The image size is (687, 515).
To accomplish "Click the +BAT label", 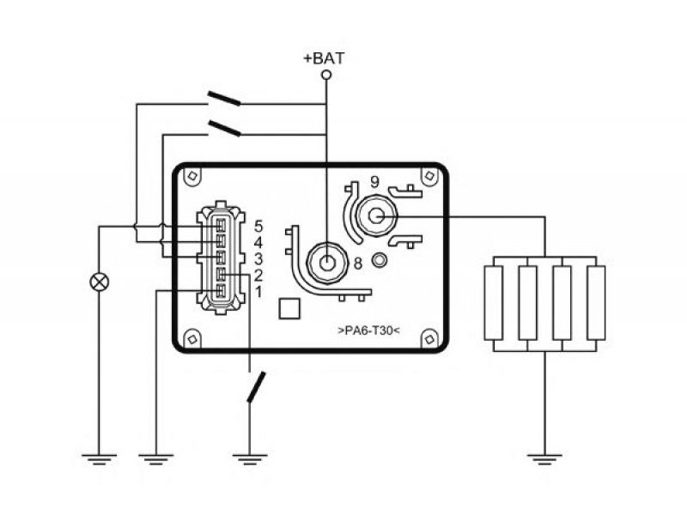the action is [x=324, y=58].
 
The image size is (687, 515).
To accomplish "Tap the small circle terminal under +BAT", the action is [x=326, y=75].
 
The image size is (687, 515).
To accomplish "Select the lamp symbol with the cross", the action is [x=100, y=282].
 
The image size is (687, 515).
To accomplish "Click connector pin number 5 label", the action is [x=258, y=227].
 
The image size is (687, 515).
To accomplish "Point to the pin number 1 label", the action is [x=258, y=292].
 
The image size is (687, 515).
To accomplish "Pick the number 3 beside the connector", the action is [x=258, y=259].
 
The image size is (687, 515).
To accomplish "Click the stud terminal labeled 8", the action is [x=326, y=264].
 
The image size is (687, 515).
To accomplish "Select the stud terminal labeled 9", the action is [x=376, y=215].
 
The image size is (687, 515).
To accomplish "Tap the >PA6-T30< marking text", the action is [x=369, y=330].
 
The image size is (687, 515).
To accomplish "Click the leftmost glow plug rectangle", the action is [x=494, y=303].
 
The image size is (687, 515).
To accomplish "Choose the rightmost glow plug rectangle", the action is [x=596, y=303].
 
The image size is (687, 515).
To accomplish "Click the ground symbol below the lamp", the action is [x=100, y=459].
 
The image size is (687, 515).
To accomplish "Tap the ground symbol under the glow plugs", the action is [x=544, y=459].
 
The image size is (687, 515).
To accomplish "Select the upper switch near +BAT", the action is [x=224, y=99].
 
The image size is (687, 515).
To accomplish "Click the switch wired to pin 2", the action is [x=256, y=387].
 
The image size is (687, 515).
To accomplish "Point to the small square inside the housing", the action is [x=289, y=308].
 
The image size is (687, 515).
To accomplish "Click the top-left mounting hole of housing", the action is [x=192, y=176].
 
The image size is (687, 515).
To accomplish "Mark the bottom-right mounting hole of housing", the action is [x=429, y=339].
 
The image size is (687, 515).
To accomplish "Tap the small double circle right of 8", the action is [x=380, y=261].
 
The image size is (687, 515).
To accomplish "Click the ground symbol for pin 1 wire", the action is [x=156, y=459].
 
